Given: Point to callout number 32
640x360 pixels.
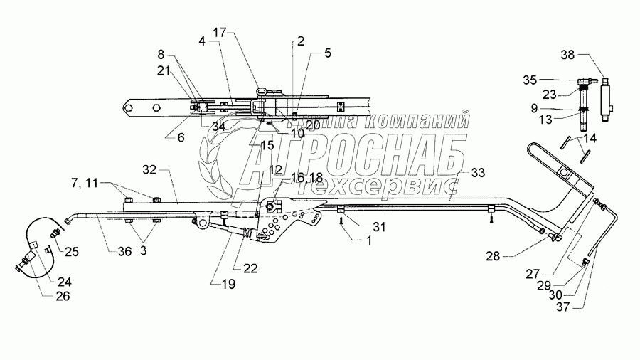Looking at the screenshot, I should [x=149, y=171].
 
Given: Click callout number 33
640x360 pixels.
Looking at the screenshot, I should [x=478, y=173].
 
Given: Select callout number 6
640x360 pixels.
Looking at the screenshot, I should [x=181, y=138].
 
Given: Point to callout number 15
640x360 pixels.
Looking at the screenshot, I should [x=267, y=144].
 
